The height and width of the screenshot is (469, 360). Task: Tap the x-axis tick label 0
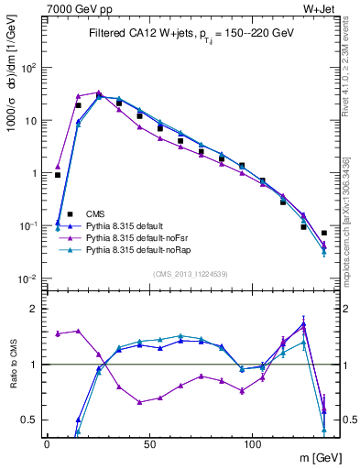47,443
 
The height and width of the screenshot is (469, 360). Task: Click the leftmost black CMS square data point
58,175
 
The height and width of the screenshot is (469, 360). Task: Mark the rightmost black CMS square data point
324,233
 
